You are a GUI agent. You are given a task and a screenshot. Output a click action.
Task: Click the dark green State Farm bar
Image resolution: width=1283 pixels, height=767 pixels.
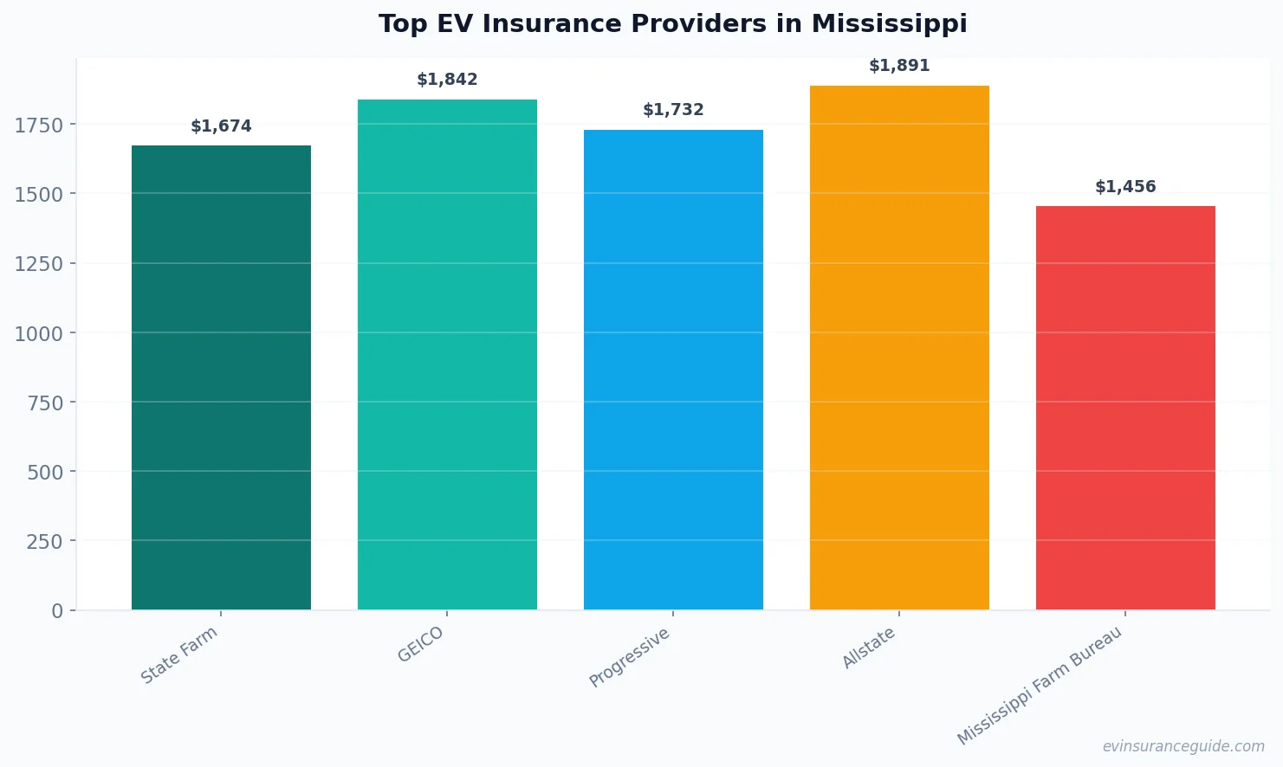(x=221, y=377)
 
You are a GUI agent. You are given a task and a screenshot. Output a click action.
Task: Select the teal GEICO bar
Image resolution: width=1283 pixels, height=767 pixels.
(x=447, y=355)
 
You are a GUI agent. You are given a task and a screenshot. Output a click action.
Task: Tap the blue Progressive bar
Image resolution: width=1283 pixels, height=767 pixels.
(x=673, y=370)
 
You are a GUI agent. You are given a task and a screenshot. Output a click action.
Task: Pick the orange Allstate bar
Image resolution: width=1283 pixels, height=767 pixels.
(x=899, y=348)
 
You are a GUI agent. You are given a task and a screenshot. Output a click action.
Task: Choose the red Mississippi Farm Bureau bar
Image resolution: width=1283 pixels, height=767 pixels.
(x=1125, y=408)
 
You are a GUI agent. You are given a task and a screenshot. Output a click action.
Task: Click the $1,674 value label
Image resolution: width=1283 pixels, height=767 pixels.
(x=221, y=126)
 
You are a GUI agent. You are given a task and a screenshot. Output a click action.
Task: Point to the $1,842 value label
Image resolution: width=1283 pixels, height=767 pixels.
(x=447, y=80)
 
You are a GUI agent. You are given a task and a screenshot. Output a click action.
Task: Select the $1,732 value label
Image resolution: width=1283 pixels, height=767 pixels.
(x=673, y=110)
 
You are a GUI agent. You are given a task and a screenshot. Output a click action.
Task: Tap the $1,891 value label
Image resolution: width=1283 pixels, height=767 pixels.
(x=899, y=66)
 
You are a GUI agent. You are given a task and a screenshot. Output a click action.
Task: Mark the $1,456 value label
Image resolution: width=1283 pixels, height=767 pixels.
(x=1125, y=187)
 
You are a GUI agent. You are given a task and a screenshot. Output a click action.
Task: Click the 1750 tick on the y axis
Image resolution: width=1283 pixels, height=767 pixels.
(x=39, y=126)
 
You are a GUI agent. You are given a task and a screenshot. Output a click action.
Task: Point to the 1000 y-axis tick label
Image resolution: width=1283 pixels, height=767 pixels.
(x=39, y=333)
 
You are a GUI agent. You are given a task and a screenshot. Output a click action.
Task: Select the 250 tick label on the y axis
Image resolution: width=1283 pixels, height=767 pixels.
(x=44, y=542)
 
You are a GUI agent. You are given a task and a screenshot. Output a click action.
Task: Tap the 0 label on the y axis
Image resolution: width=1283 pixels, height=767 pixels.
(x=57, y=611)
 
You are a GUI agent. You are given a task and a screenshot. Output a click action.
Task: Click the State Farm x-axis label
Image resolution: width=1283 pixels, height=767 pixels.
(x=179, y=655)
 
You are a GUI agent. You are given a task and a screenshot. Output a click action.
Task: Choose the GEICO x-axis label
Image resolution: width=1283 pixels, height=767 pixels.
(x=421, y=645)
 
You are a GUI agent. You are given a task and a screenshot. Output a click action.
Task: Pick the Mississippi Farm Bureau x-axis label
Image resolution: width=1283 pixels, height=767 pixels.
(x=1040, y=686)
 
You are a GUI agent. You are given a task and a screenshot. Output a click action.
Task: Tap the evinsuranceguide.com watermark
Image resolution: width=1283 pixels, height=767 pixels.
(x=1183, y=746)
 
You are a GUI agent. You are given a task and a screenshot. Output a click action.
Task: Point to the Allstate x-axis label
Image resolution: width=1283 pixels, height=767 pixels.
(x=869, y=648)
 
